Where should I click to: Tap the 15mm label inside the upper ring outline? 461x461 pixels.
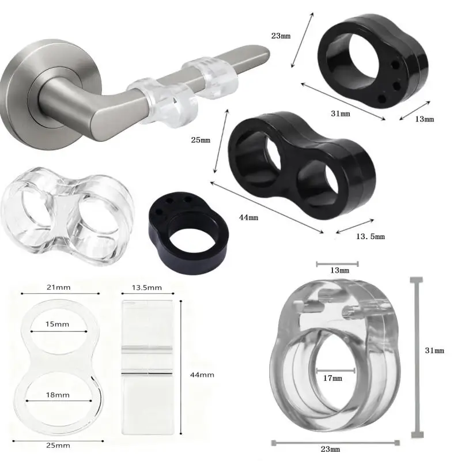(58, 324)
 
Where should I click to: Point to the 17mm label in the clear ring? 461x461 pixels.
(333, 379)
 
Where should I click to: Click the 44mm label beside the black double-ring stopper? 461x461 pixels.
(249, 217)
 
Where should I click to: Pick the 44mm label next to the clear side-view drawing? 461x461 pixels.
(202, 375)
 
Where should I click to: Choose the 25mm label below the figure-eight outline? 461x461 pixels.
(59, 445)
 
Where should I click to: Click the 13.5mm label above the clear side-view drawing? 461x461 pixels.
(148, 288)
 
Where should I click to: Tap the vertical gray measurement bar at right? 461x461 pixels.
(415, 357)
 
